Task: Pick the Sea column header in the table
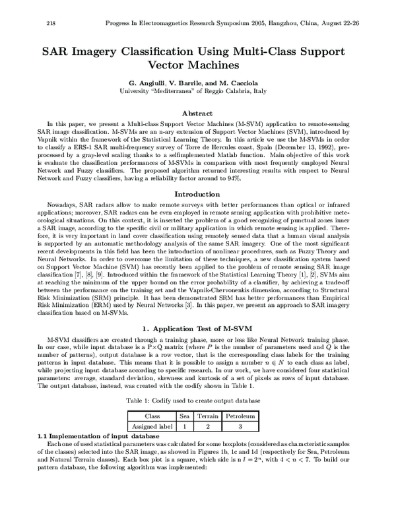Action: [x=185, y=416]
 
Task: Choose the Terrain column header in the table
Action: [x=207, y=416]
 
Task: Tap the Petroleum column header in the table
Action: [x=241, y=416]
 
